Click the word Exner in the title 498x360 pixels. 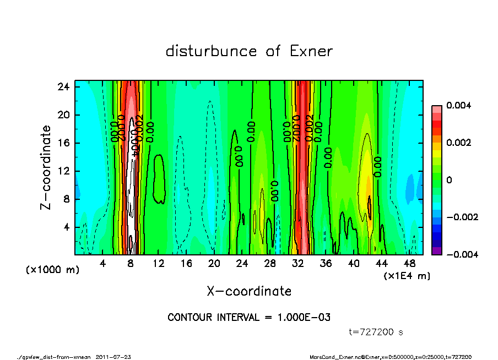(311, 52)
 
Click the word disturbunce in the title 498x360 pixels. (211, 52)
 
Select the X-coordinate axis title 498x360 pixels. (249, 291)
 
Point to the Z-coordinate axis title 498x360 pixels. (46, 167)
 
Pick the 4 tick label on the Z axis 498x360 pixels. (67, 227)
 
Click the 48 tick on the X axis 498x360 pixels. (409, 264)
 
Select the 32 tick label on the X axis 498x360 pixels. (298, 264)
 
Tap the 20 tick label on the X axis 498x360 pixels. (214, 264)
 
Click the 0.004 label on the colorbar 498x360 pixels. (457, 105)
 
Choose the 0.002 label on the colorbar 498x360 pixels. (457, 143)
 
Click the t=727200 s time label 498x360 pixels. (377, 332)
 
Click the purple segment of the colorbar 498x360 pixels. (436, 250)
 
